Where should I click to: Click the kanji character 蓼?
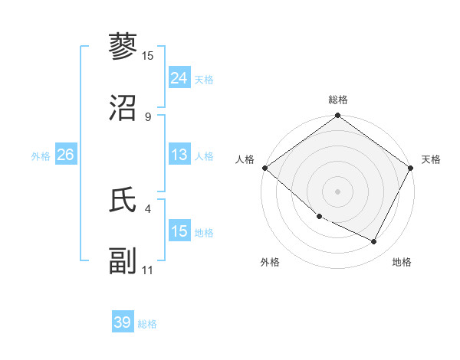[123, 47]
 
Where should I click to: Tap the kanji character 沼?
[123, 108]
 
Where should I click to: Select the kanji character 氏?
[123, 200]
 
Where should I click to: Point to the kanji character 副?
[123, 261]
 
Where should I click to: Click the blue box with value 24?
[179, 78]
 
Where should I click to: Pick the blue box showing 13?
[179, 155]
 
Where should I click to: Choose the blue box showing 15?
[179, 231]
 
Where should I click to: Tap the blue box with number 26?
[65, 155]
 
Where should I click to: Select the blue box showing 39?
[122, 322]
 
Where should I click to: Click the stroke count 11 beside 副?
[148, 270]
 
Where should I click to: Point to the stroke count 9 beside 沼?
[147, 117]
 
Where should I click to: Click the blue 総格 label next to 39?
[147, 324]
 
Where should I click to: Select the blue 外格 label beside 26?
[41, 155]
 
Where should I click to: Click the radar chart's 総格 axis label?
[338, 100]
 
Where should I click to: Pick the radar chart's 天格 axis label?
[431, 159]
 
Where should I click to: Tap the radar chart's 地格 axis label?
[402, 263]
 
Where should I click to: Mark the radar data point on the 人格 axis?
[264, 168]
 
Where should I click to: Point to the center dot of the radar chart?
[338, 191]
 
